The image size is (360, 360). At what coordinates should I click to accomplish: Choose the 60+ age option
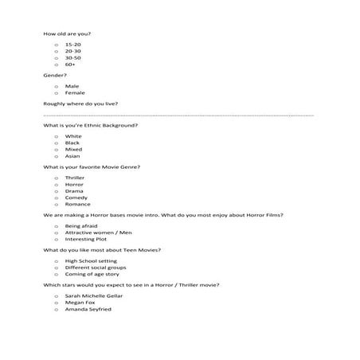click(72, 64)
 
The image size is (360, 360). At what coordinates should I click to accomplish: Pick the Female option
click(75, 92)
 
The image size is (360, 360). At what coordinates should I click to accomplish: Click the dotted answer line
click(179, 115)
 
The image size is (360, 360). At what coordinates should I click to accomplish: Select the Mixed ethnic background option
click(73, 149)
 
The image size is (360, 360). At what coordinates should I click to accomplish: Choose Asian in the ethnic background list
click(72, 155)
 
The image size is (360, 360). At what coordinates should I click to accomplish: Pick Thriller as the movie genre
click(75, 178)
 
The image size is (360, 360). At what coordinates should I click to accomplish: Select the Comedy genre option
click(76, 197)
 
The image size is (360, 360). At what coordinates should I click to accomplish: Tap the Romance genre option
click(77, 203)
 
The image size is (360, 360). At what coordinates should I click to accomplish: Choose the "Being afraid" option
click(82, 226)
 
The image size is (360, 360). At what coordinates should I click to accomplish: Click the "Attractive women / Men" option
click(95, 233)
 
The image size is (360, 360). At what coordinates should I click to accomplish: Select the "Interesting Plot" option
click(86, 239)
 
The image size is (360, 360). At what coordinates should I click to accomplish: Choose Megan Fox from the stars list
click(80, 303)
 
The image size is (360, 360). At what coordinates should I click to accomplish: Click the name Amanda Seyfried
click(88, 309)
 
